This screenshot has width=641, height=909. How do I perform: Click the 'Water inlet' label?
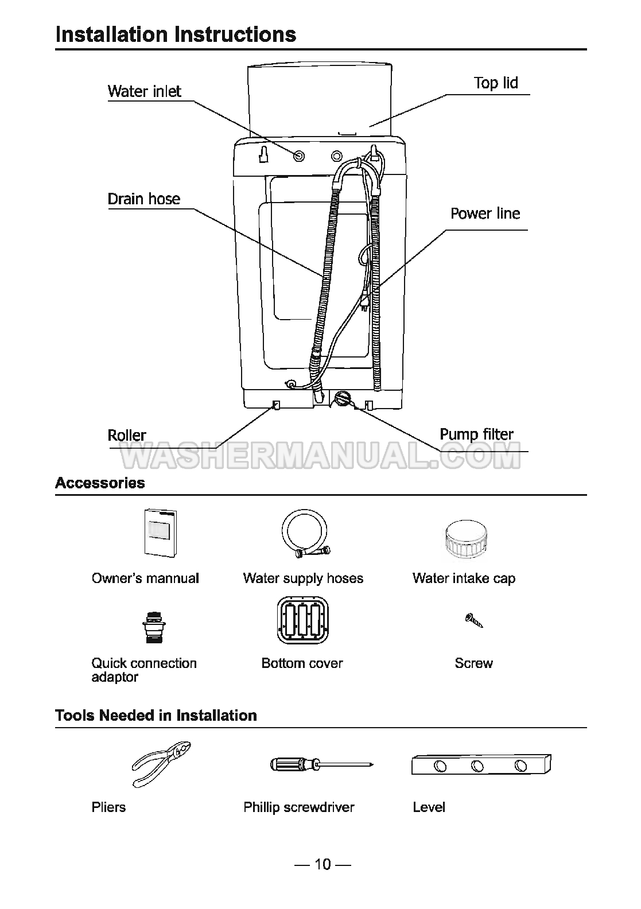(144, 91)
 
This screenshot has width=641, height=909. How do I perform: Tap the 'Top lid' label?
(495, 83)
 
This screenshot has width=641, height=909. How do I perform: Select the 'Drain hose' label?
(143, 199)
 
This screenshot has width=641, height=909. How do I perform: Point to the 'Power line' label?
(485, 213)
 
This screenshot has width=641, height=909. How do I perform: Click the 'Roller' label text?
(127, 435)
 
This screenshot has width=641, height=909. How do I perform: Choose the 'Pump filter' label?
(476, 434)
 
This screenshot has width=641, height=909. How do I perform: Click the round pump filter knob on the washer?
(342, 398)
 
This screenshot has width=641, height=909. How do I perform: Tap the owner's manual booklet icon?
(160, 532)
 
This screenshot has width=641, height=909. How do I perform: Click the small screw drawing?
(474, 620)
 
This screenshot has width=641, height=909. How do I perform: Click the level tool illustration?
(481, 764)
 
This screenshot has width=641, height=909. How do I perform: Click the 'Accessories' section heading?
(100, 483)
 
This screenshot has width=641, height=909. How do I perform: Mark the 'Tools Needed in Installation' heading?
(156, 716)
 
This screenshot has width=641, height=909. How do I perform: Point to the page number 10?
(323, 864)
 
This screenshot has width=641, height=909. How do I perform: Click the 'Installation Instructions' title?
(176, 34)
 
